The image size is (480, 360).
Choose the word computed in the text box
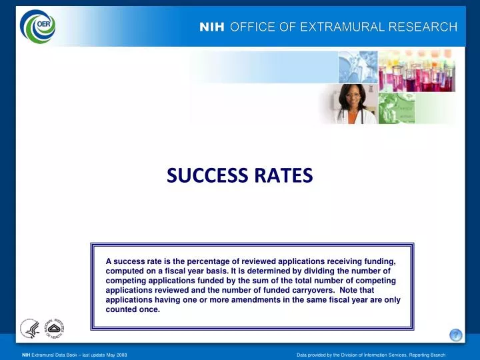125,271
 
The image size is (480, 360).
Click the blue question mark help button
455,335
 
